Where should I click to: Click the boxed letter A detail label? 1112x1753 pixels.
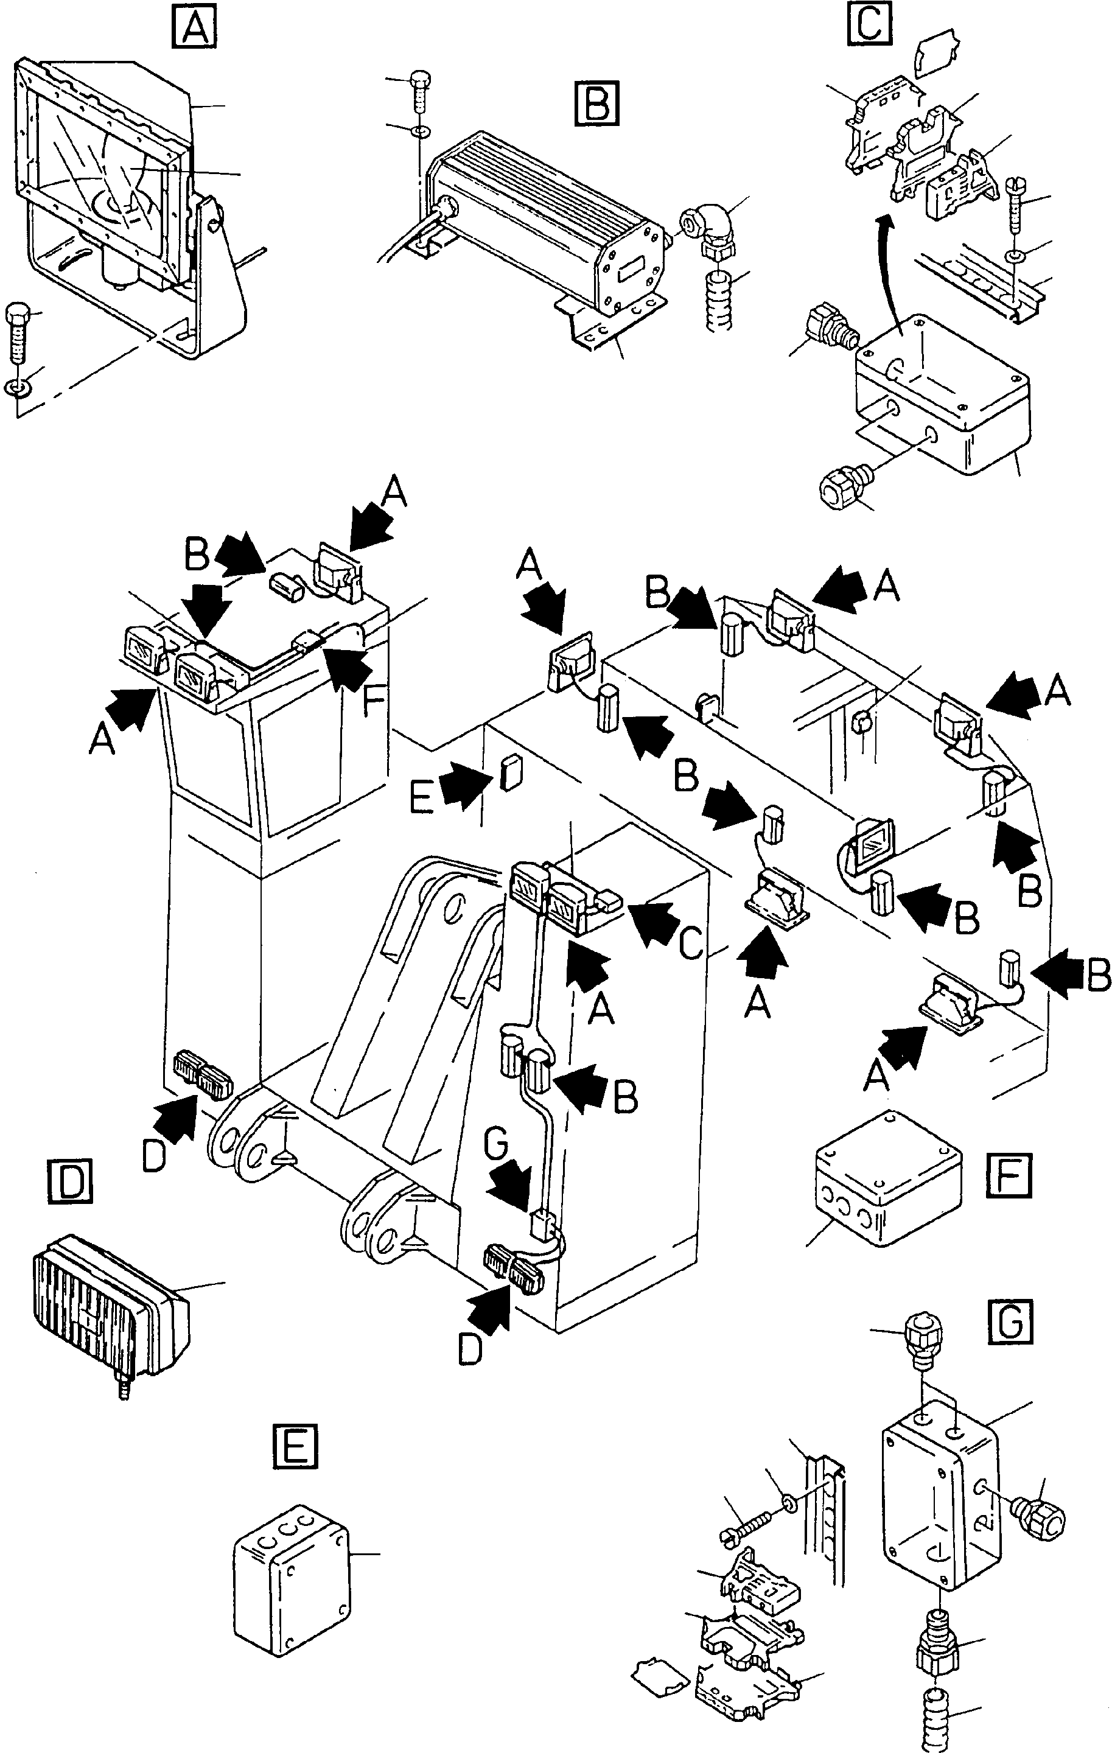[x=194, y=30]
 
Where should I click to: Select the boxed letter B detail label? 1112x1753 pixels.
[x=596, y=103]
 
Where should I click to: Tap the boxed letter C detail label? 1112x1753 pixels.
[x=870, y=24]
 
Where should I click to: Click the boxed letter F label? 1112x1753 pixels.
[x=1009, y=1174]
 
